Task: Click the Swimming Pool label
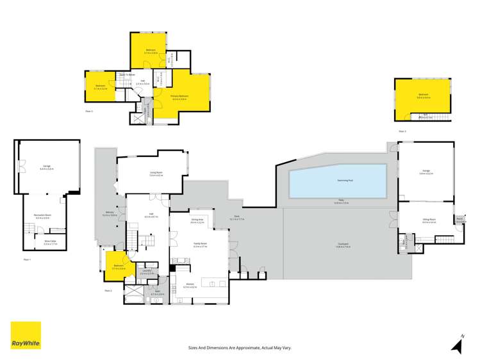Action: (338, 181)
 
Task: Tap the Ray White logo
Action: (26, 336)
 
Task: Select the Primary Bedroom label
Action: (178, 97)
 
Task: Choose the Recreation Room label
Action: (42, 218)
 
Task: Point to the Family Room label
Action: (199, 243)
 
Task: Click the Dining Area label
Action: (197, 221)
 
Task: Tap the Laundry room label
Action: (147, 272)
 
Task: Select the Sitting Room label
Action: (429, 220)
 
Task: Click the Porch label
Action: (459, 219)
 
